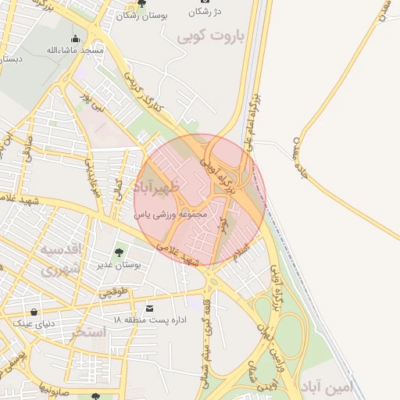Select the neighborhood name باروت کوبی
[210, 36]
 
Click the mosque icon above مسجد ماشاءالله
[75, 38]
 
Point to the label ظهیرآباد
[156, 187]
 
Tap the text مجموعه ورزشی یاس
[170, 213]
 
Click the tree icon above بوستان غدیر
[119, 252]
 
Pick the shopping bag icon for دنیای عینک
[34, 312]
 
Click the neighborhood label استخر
[88, 332]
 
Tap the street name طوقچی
[112, 292]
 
